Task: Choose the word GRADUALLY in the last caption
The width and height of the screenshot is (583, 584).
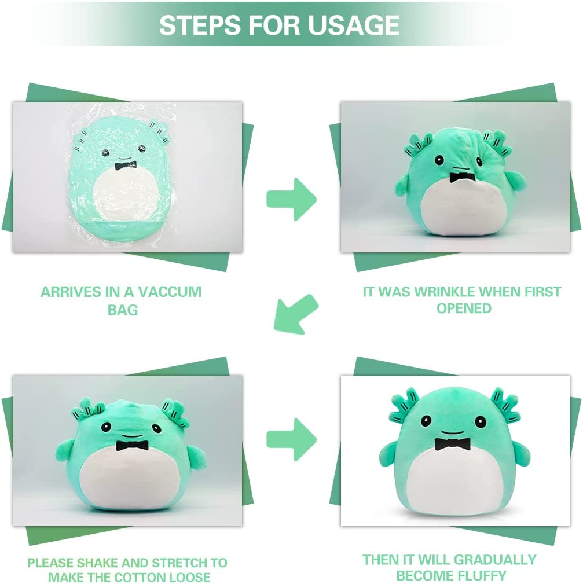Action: (x=495, y=560)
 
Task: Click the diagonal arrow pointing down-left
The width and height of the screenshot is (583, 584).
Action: (x=296, y=314)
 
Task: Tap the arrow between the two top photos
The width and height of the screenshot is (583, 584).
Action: (x=291, y=199)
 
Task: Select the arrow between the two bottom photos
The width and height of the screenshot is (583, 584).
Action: (x=291, y=439)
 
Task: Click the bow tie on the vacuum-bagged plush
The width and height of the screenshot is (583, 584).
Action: (x=125, y=166)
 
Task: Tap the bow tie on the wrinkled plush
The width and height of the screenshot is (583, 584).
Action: (x=463, y=178)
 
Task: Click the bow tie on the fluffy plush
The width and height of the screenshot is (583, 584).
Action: (x=452, y=443)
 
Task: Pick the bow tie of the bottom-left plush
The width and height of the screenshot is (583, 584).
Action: (x=132, y=446)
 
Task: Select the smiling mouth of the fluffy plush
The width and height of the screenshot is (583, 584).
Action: (x=452, y=433)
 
